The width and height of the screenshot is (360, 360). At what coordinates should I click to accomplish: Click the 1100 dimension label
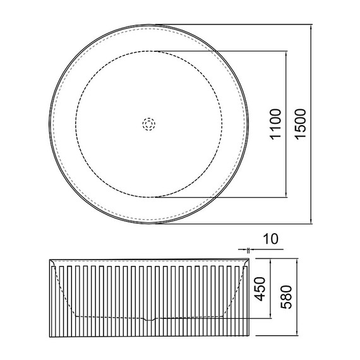click(275, 124)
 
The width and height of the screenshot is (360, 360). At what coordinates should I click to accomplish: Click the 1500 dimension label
click(301, 124)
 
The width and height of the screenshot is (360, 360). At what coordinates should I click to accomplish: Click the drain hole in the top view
click(149, 124)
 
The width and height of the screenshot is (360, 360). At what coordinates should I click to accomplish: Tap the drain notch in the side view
click(149, 319)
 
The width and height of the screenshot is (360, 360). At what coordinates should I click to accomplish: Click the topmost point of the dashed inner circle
click(149, 51)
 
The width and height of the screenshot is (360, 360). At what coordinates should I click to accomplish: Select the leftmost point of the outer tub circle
click(50, 124)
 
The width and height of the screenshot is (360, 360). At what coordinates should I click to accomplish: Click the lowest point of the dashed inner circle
click(149, 197)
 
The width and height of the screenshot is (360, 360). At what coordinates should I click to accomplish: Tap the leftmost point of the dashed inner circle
click(76, 124)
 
